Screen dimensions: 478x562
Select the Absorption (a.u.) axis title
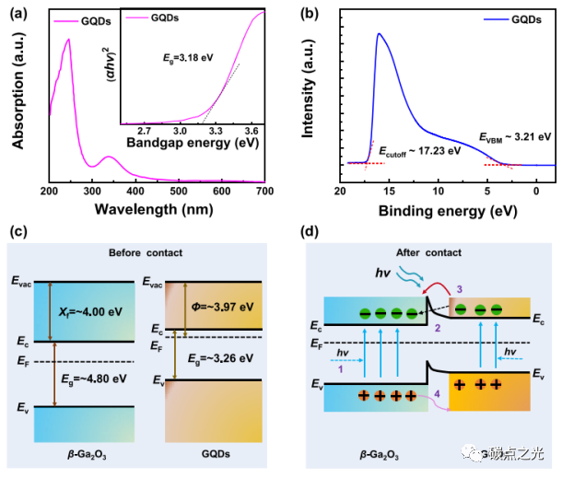coord(17,100)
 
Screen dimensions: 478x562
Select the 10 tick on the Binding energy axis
coord(439,192)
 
